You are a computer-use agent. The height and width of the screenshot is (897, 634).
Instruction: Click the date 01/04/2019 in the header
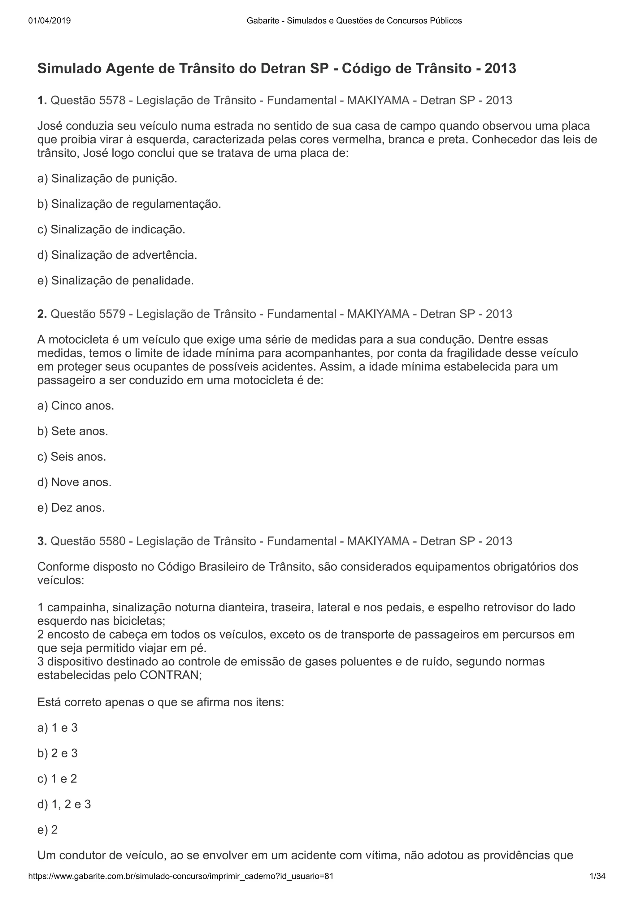tap(50, 21)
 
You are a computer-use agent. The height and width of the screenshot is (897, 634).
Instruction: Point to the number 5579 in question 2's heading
tap(112, 314)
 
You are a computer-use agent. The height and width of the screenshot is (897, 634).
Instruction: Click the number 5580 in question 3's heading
tap(112, 541)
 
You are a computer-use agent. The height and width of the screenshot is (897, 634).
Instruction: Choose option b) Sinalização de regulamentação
tap(129, 204)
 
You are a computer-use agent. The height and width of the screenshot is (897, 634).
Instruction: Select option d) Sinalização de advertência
tap(117, 255)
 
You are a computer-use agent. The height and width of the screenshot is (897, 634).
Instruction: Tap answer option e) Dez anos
tap(71, 508)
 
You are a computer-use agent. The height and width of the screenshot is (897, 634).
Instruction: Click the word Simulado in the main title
tap(69, 69)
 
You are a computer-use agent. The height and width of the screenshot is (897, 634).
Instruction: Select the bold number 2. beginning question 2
tap(42, 314)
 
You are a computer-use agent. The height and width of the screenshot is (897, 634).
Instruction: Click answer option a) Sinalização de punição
tap(107, 179)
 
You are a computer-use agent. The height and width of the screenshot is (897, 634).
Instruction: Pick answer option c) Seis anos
tap(72, 457)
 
